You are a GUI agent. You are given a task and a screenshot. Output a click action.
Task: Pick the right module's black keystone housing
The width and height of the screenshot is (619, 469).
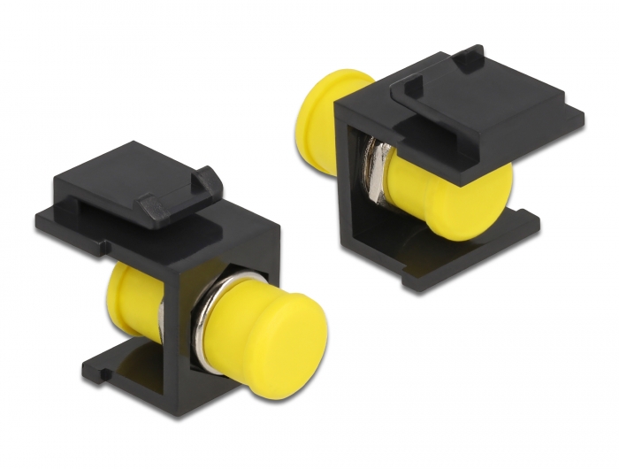pyautogui.click(x=442, y=168)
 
